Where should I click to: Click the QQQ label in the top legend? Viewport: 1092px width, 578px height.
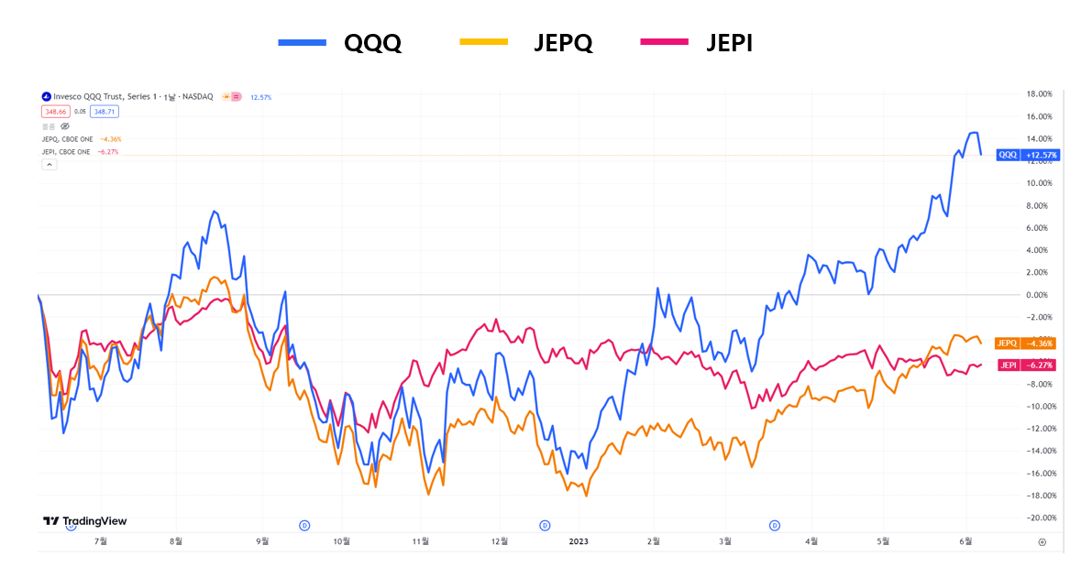[372, 42]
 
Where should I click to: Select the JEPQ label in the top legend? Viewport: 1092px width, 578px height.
[563, 42]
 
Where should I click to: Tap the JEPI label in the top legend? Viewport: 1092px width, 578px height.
[730, 42]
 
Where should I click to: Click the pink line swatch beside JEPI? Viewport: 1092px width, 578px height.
[664, 42]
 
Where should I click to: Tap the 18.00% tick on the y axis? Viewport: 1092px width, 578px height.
[1038, 94]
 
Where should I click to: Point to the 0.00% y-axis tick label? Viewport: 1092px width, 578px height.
[1038, 295]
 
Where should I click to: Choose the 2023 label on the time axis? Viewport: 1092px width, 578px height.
[579, 541]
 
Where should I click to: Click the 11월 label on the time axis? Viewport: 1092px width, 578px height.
[421, 541]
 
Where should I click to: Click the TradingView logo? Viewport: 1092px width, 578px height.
[84, 521]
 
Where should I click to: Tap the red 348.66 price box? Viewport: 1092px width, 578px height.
[55, 112]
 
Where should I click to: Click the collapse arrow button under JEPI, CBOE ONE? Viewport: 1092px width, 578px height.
[50, 164]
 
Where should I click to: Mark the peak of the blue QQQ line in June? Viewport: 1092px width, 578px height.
[973, 133]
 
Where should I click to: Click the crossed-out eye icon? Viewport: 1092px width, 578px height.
[64, 125]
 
